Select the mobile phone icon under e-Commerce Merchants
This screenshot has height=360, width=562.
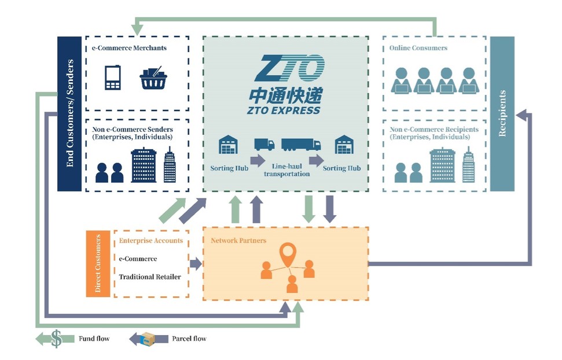pos(113,78)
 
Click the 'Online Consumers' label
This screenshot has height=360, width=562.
pos(418,48)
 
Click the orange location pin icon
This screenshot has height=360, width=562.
pos(287,254)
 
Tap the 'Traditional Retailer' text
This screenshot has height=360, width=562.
pos(150,277)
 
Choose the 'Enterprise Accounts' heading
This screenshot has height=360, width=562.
pos(151,241)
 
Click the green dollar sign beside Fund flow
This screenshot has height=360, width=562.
pos(56,338)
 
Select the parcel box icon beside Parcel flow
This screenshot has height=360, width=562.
pos(148,339)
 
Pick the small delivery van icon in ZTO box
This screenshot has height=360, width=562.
pos(264,144)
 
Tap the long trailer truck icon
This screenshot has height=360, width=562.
pos(301,144)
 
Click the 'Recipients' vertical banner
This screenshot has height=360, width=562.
pos(502,113)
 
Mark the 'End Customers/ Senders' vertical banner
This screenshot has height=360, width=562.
pos(69,113)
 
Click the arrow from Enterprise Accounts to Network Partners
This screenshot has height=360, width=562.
pos(196,264)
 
